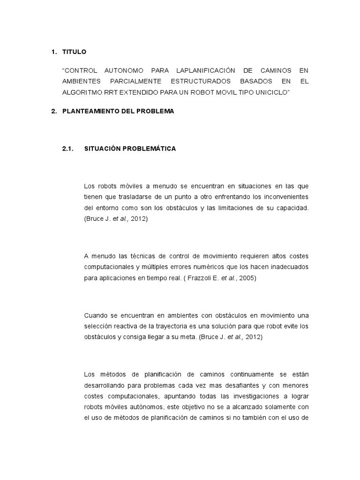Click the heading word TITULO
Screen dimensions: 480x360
[74, 52]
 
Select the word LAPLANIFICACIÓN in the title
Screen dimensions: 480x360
[204, 70]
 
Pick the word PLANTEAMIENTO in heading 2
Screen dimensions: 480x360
[87, 112]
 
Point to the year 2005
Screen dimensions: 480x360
[248, 278]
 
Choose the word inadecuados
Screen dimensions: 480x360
[288, 267]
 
